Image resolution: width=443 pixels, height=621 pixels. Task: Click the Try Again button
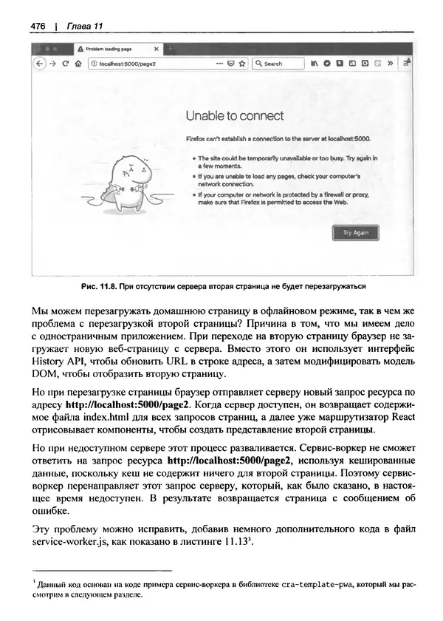coord(356,233)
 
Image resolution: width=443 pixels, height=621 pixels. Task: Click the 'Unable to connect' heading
coord(234,116)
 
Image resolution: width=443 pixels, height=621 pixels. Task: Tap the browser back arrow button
coord(42,64)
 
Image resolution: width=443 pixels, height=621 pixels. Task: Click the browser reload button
coord(66,64)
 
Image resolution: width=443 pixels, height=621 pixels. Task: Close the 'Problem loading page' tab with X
coord(156,50)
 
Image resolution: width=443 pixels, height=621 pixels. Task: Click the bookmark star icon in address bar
coord(241,64)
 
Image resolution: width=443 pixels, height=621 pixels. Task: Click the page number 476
coord(38,27)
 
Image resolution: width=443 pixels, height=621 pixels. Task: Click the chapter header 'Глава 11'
coord(84,27)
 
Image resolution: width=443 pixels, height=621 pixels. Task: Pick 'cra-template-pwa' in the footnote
coord(298,584)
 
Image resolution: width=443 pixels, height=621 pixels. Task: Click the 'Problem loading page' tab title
coord(110,50)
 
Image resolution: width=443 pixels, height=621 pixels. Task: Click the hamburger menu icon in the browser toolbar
coord(406,64)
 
